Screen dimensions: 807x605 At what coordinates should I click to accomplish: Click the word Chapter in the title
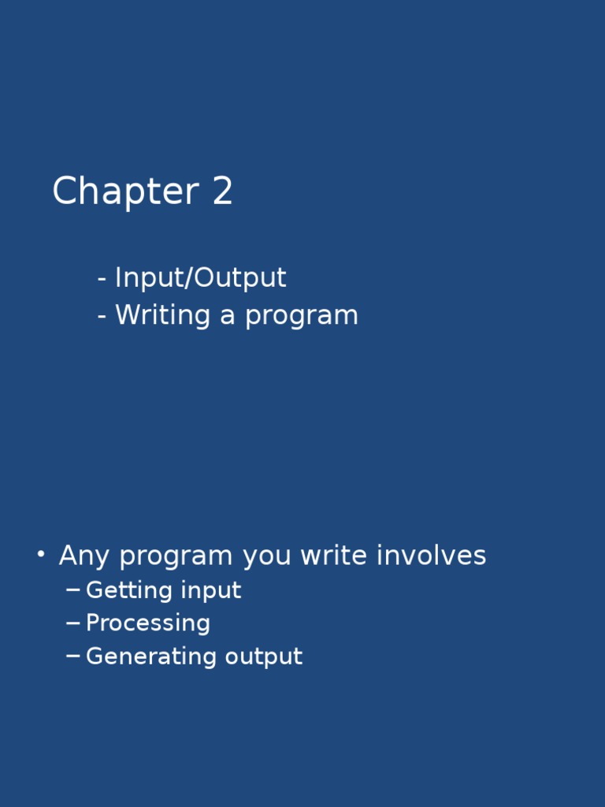[x=124, y=192]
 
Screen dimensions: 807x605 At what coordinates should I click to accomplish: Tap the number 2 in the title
[x=222, y=192]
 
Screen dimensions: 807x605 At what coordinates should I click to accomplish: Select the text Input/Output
[x=200, y=278]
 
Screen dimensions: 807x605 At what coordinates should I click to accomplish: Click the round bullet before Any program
[x=40, y=555]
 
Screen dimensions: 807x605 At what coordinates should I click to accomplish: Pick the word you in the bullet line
[x=268, y=556]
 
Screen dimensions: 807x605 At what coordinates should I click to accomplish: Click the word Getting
[x=128, y=591]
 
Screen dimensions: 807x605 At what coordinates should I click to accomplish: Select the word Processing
[x=148, y=623]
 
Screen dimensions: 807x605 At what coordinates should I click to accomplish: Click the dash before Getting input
[x=73, y=590]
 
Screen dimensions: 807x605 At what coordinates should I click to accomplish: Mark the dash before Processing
[x=73, y=623]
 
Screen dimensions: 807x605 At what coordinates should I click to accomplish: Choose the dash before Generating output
[x=73, y=656]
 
